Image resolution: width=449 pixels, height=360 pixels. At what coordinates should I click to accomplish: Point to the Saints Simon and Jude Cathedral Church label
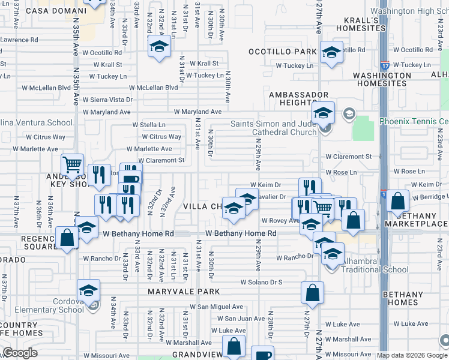coord(274,128)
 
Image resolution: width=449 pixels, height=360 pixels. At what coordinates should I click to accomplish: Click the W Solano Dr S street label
coord(261,281)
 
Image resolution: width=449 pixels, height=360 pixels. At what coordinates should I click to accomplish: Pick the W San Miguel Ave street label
coord(216,307)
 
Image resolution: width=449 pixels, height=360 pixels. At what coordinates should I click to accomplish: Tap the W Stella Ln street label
coord(149,125)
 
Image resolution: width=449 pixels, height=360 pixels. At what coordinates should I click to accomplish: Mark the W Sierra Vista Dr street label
coord(107,100)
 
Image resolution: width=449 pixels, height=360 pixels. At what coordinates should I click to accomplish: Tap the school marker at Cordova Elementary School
coord(88,292)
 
